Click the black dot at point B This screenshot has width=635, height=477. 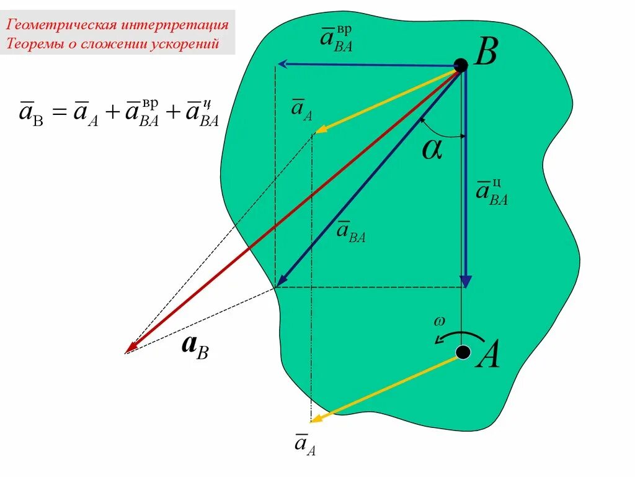[x=461, y=64]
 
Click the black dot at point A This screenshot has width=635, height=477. [x=462, y=353]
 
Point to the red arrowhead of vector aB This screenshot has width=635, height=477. [x=130, y=349]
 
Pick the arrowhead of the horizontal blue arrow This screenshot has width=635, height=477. [x=282, y=63]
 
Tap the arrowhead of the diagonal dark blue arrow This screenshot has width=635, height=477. [x=280, y=282]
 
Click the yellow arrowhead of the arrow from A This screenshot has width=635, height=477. [x=316, y=419]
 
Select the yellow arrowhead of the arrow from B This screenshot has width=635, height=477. [x=320, y=130]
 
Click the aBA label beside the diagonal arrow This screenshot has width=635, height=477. [x=351, y=232]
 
